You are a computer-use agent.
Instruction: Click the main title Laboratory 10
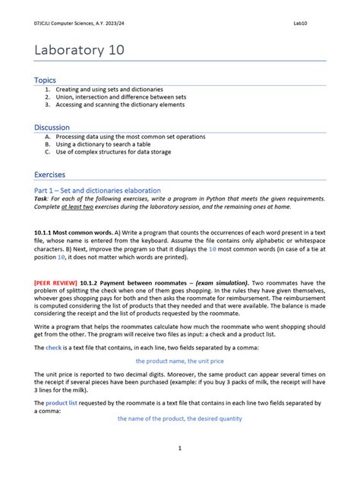(x=79, y=50)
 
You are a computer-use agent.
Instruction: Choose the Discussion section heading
(x=52, y=127)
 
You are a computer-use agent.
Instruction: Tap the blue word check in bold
(x=53, y=347)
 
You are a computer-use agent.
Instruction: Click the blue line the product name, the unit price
(x=179, y=362)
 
